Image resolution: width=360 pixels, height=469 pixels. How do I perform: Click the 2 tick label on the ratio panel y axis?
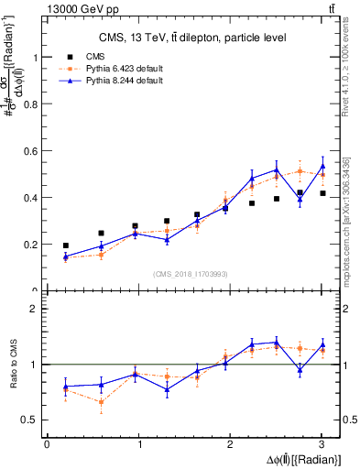(38, 309)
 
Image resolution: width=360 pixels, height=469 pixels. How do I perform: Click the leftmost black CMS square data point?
(65, 245)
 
